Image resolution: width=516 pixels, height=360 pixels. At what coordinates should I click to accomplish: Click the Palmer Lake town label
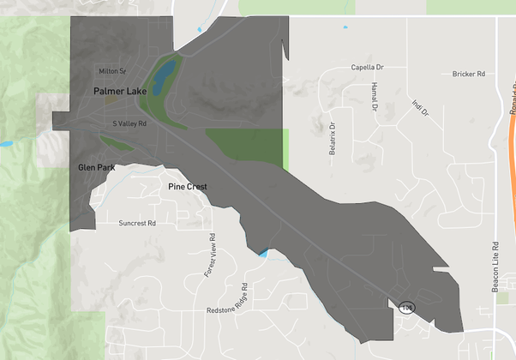coord(120,89)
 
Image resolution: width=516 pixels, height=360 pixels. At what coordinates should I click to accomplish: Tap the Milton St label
coord(112,71)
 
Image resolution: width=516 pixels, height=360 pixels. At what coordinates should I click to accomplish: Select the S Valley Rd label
coord(130,123)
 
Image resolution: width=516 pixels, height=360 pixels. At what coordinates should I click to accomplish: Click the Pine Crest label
coord(188,186)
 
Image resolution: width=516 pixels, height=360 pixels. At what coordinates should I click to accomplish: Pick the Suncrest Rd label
coord(137,223)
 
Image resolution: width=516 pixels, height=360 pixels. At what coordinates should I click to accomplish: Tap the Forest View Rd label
coord(210,256)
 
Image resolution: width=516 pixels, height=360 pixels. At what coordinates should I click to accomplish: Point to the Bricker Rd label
coord(469,75)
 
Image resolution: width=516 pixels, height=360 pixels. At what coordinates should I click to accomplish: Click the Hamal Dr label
coord(375,97)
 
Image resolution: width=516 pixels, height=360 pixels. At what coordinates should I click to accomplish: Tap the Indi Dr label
coord(419,111)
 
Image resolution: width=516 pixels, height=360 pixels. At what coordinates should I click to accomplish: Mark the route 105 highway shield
coord(407,306)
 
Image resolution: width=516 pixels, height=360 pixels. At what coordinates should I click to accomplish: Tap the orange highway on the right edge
coord(512,129)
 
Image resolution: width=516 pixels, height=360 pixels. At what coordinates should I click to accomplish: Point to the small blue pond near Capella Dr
coord(346,27)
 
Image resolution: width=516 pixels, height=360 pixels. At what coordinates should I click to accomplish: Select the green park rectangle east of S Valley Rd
coord(248,146)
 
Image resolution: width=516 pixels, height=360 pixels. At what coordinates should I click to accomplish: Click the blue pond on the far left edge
coord(4,142)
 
